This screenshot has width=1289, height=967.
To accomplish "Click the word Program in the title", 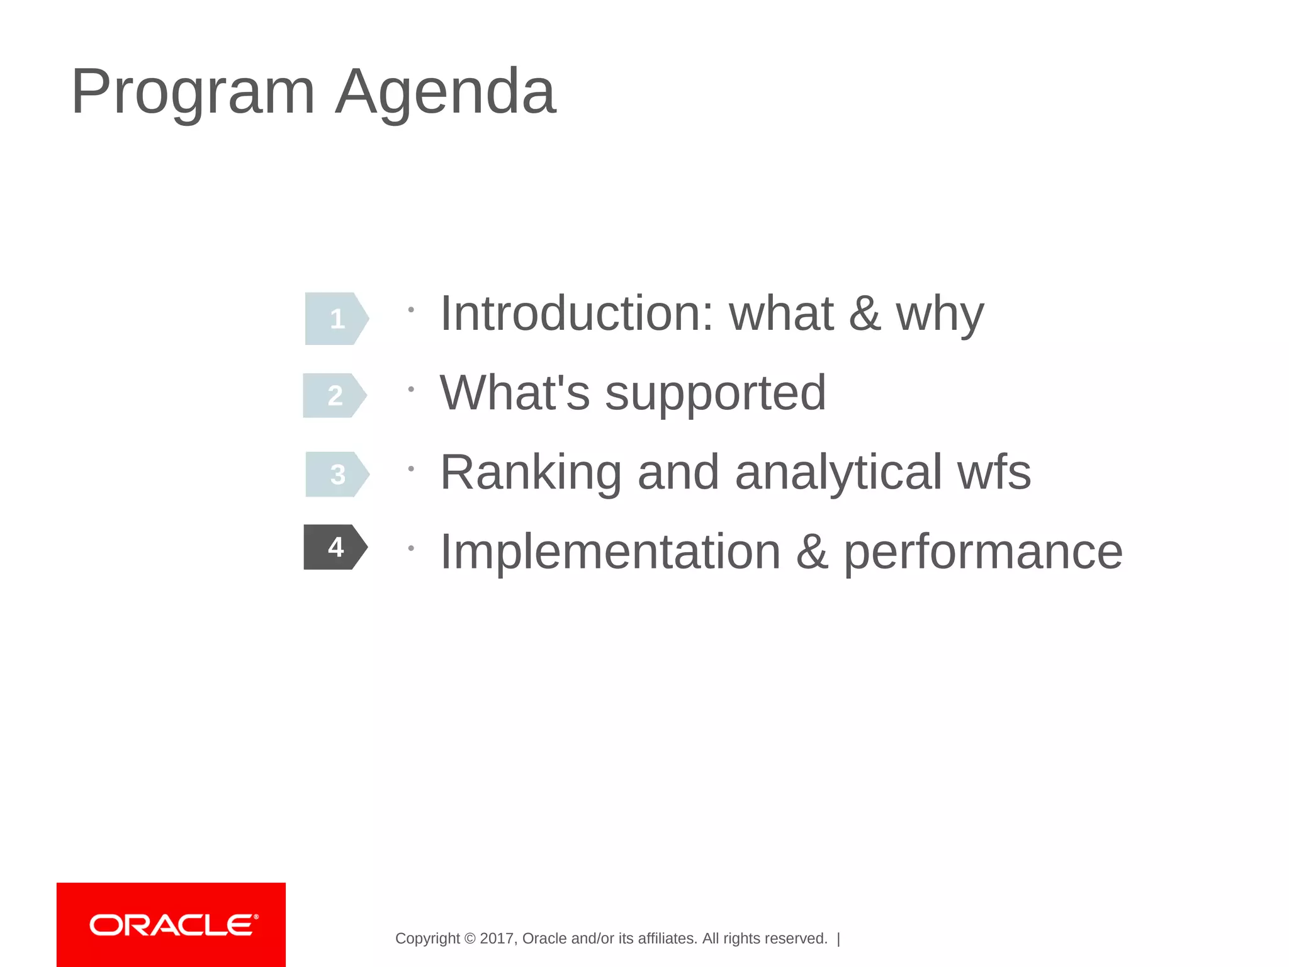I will [193, 93].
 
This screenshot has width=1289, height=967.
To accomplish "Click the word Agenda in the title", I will [446, 93].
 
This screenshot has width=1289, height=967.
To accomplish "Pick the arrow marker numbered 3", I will [337, 474].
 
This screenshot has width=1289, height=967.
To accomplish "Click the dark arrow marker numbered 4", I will [335, 547].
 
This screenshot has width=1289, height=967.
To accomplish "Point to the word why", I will [940, 314].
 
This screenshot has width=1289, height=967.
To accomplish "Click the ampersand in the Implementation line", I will [812, 551].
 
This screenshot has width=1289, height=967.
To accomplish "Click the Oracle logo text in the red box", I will [173, 925].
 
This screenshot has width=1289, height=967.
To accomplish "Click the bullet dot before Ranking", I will [410, 468].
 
